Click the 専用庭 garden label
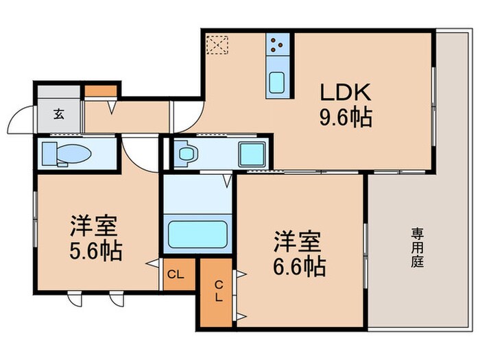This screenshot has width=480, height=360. [x=416, y=248]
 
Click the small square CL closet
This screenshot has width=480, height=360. [x=176, y=275]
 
